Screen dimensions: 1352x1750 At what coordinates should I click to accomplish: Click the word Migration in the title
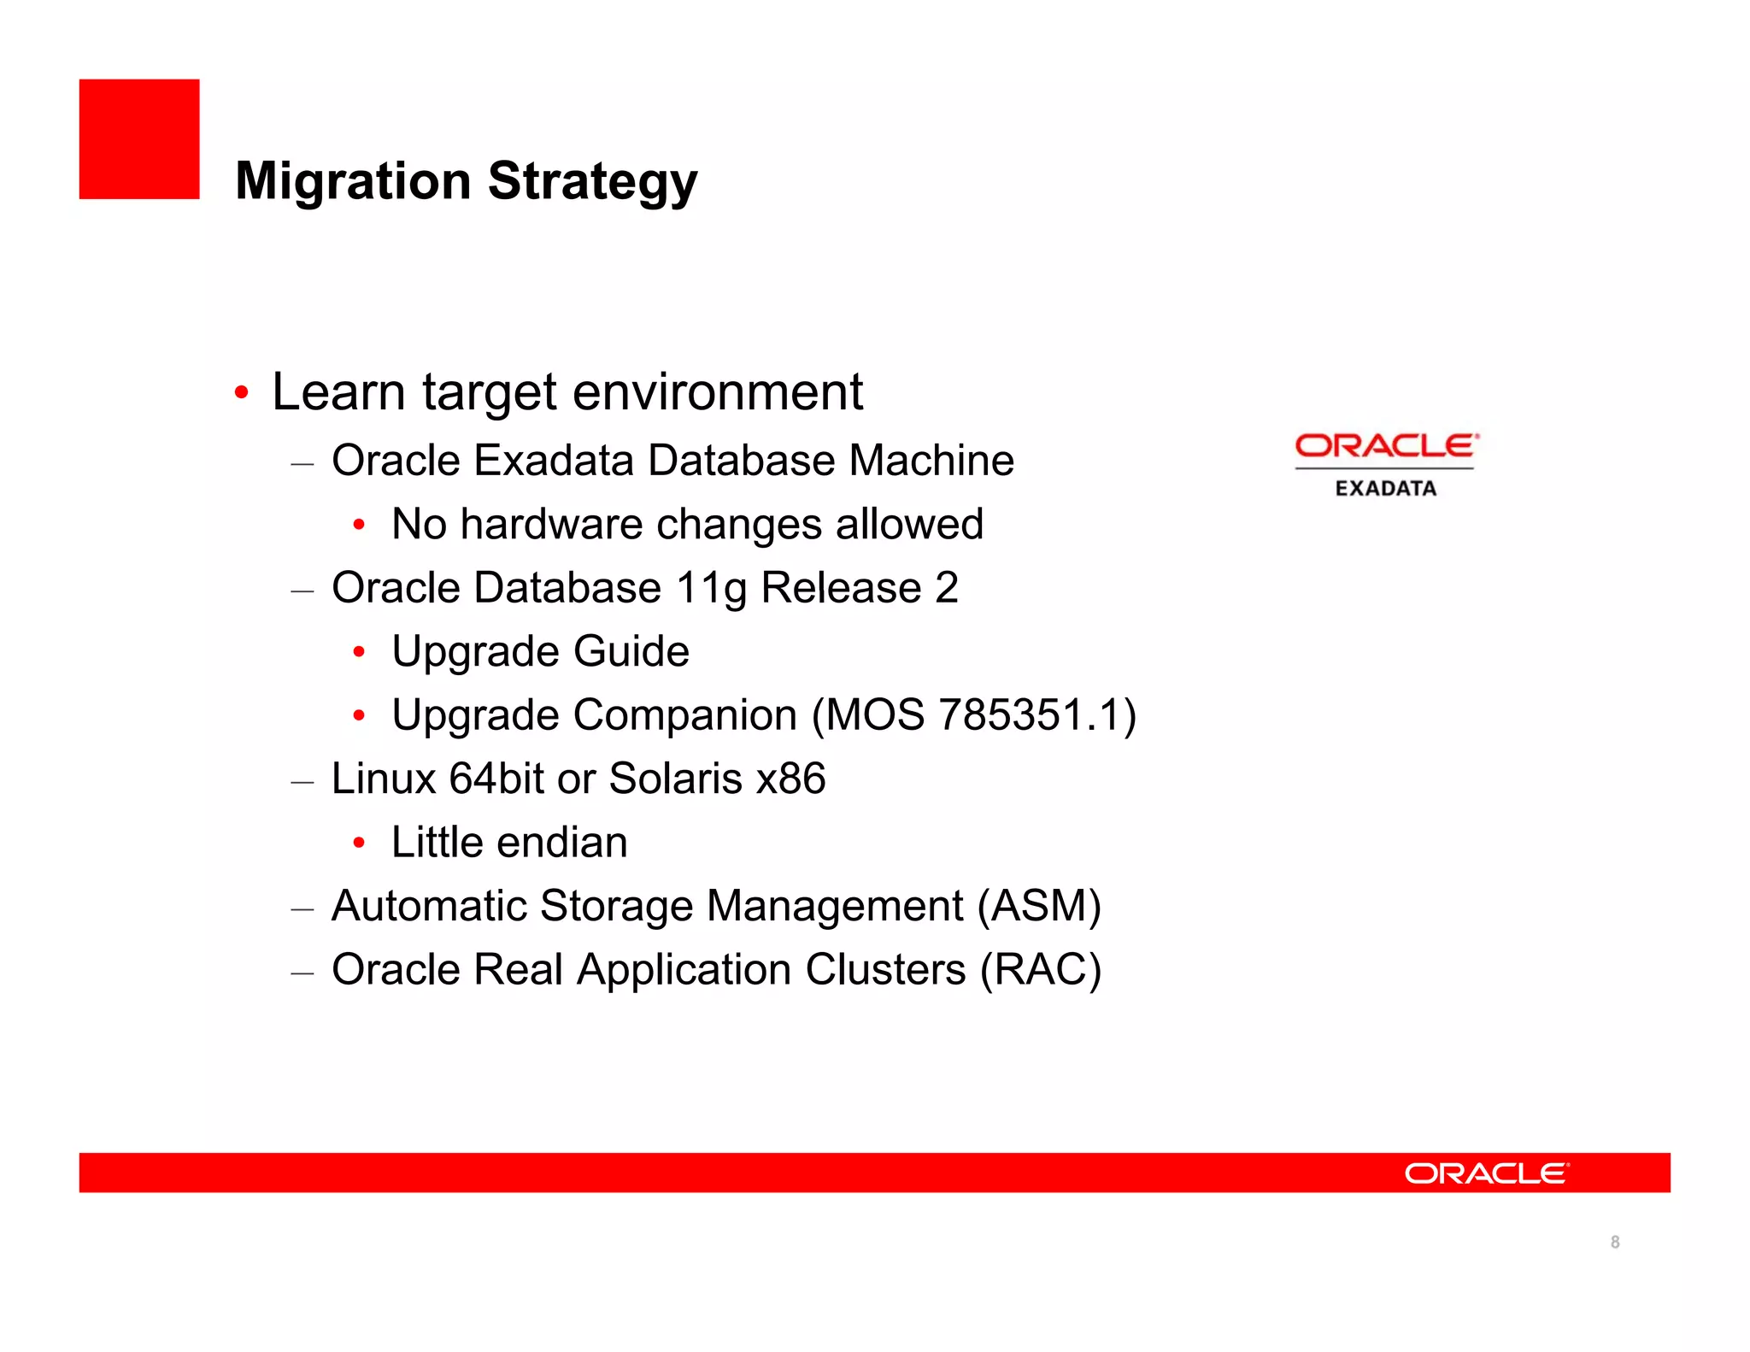(x=353, y=181)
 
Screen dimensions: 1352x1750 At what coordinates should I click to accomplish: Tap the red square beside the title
(x=139, y=139)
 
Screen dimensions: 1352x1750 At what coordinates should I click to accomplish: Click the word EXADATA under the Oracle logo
(x=1386, y=489)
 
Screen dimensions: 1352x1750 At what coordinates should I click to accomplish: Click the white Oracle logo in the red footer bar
(x=1486, y=1173)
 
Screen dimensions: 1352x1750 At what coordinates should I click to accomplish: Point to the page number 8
(x=1614, y=1242)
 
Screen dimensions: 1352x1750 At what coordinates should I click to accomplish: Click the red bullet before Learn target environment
(x=242, y=393)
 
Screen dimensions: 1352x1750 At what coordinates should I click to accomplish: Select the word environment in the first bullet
(x=717, y=392)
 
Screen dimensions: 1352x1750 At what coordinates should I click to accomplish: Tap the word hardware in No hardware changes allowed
(x=551, y=524)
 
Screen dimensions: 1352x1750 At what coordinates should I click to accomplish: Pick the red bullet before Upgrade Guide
(x=360, y=653)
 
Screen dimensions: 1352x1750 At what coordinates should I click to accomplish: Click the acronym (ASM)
(x=1039, y=906)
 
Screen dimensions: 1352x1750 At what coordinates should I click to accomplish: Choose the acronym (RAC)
(x=1040, y=970)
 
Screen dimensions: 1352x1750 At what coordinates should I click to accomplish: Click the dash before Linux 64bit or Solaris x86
(x=302, y=782)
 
